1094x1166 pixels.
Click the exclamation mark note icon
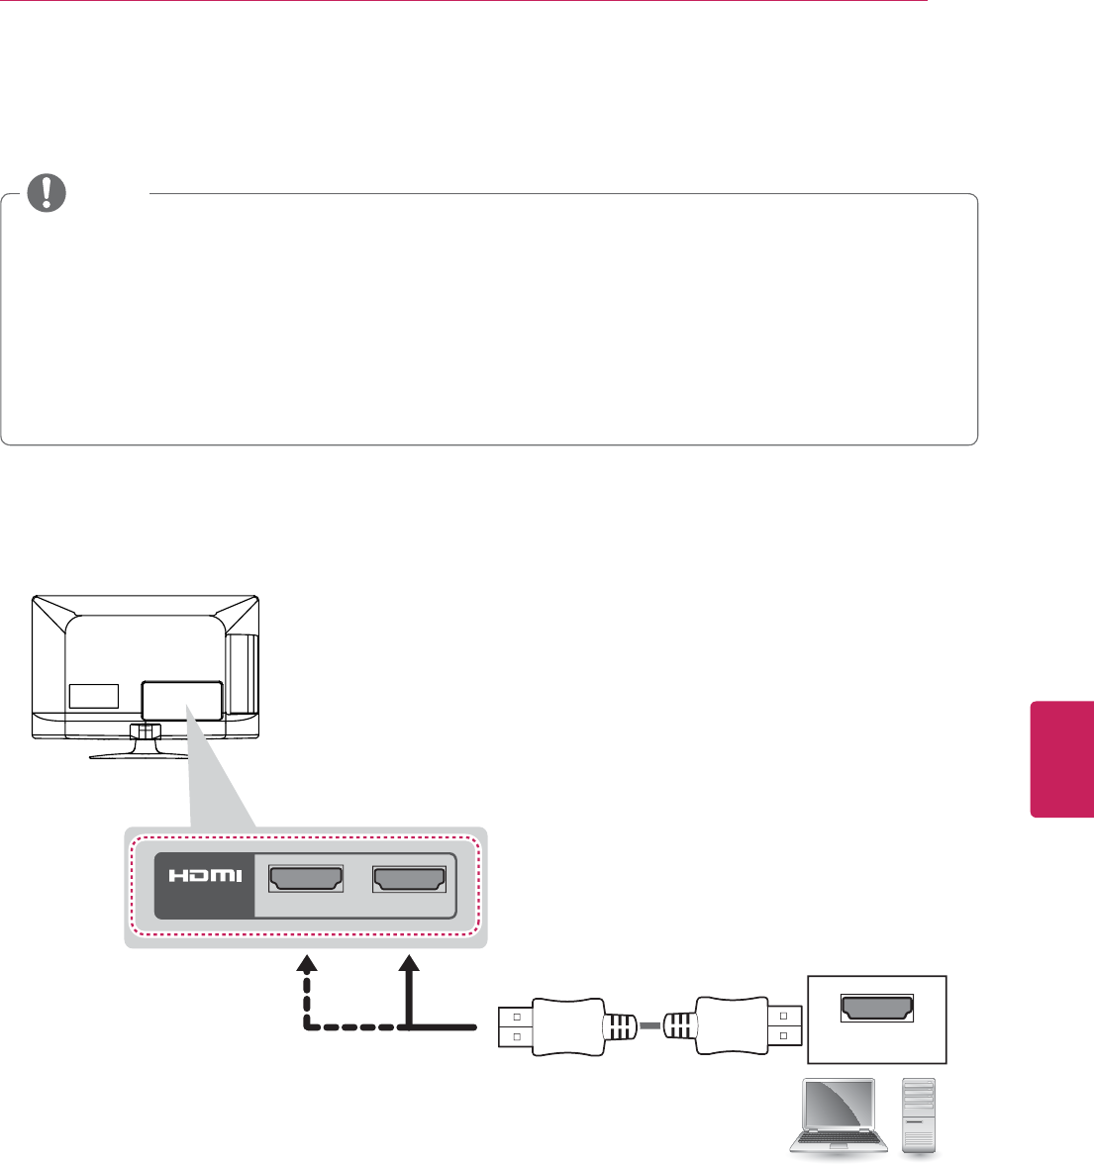[46, 193]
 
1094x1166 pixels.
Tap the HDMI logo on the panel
[203, 875]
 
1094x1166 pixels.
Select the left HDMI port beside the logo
[306, 879]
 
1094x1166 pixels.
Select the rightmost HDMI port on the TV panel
[409, 879]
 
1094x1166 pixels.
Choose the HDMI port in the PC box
[877, 1006]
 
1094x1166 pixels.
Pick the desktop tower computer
[919, 1115]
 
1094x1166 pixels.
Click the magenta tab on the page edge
[1062, 759]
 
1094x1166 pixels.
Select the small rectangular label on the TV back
[94, 696]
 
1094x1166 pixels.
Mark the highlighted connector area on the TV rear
[181, 699]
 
